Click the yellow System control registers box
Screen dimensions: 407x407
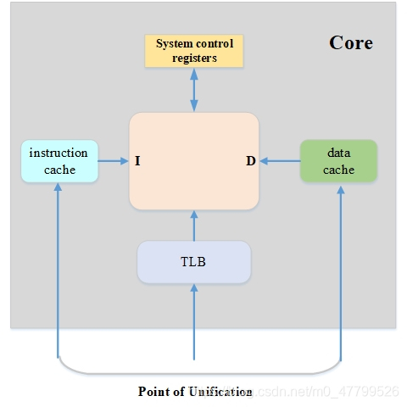click(194, 51)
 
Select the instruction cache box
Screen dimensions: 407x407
click(59, 161)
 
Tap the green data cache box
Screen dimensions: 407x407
click(338, 161)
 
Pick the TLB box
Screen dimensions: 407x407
click(194, 262)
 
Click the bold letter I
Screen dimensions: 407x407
click(137, 161)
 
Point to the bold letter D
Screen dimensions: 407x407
click(251, 161)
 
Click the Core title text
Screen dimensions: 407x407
click(351, 43)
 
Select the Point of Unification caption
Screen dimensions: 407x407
click(195, 392)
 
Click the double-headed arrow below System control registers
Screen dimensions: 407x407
click(194, 90)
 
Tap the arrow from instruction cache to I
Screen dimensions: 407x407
click(113, 161)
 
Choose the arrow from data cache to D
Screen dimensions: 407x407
click(280, 161)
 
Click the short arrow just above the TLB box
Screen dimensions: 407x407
click(194, 226)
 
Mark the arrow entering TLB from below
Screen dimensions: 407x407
click(194, 322)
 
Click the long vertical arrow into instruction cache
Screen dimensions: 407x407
click(58, 270)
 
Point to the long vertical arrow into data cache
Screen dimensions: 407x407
click(341, 274)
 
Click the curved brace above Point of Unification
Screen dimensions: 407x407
click(199, 373)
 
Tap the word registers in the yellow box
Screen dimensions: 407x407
click(194, 59)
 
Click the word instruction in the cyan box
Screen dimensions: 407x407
click(59, 153)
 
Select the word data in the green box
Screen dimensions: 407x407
click(339, 153)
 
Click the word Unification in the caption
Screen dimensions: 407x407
click(220, 392)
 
